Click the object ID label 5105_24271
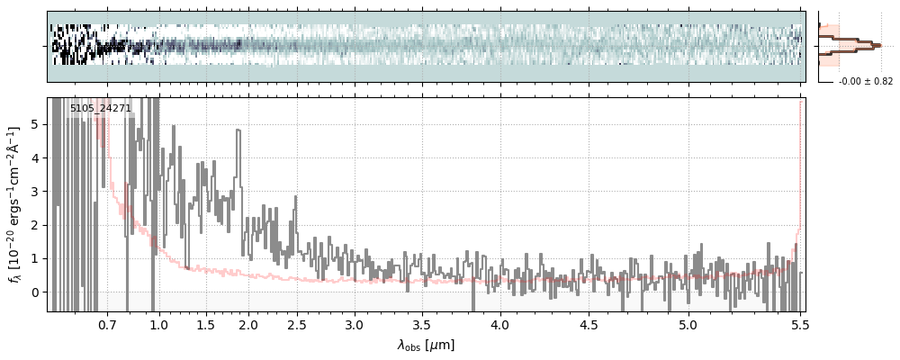[101, 108]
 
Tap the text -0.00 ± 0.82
[866, 82]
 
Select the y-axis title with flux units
[15, 204]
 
